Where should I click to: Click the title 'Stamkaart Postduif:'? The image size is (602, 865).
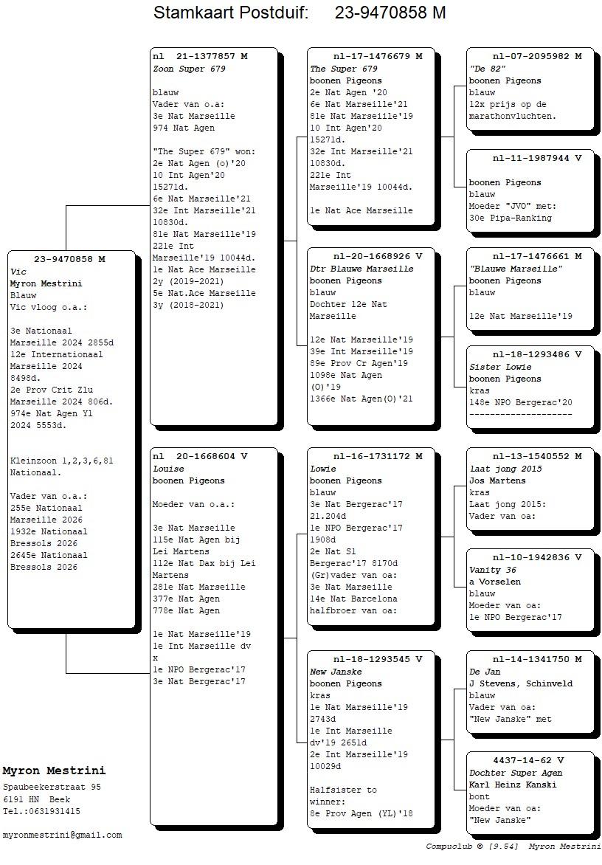(x=230, y=13)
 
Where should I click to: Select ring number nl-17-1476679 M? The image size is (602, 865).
(x=378, y=56)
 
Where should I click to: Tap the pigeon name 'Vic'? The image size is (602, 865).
(x=18, y=272)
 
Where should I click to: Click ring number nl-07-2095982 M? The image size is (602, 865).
(x=537, y=56)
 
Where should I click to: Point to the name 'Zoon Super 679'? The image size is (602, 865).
(x=189, y=69)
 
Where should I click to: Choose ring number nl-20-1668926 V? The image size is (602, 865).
(x=378, y=257)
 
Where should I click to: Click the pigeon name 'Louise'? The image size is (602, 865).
(x=169, y=469)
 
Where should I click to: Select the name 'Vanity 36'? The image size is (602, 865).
(x=493, y=570)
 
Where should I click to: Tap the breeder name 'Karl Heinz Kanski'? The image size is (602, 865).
(x=513, y=785)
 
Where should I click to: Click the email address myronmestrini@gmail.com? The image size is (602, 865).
(x=62, y=835)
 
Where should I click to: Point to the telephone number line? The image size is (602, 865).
(x=41, y=811)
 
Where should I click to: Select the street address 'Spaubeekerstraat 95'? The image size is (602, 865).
(x=52, y=788)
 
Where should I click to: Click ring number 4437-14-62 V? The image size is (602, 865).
(x=528, y=760)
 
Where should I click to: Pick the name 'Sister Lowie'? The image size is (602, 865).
(x=501, y=367)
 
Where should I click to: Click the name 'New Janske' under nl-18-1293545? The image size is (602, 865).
(x=336, y=672)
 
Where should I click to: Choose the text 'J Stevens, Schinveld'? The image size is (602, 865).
(x=521, y=683)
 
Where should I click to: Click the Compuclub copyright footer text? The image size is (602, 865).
(x=513, y=847)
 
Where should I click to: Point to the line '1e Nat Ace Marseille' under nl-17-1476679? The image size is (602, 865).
(x=361, y=210)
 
